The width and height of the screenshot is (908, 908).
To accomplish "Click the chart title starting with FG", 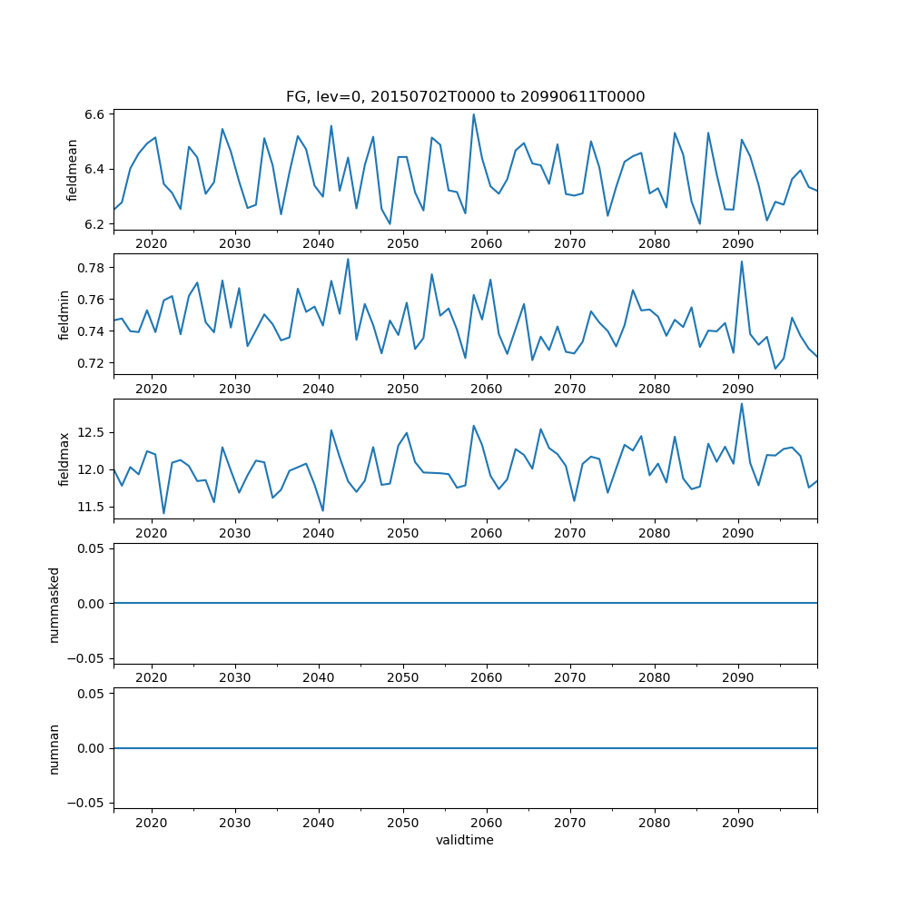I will pos(465,97).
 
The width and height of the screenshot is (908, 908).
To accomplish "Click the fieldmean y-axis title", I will pos(72,171).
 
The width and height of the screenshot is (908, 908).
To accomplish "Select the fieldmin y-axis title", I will pos(64,314).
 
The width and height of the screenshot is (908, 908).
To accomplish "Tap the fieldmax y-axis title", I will pos(64,459).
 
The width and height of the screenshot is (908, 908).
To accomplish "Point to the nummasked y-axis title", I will pos(54,604).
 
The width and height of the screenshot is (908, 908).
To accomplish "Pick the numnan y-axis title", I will pos(54,748).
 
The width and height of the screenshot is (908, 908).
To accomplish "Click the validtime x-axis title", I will pos(465,841).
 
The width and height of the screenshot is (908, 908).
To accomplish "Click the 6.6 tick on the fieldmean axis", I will pos(94,114).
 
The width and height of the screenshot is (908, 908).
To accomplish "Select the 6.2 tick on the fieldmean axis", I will pos(94,223).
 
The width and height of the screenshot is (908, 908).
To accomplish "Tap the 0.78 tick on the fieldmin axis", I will pos(90,268).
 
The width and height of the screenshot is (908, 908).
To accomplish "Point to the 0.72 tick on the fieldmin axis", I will pos(90,363).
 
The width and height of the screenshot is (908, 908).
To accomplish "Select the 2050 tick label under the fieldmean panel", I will pos(402,243).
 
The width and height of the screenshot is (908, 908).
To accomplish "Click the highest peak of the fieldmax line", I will pos(742,404).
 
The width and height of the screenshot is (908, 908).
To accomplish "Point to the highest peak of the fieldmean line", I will pos(473,114).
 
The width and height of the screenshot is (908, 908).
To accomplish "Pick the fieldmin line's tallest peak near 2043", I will pos(348,259).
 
